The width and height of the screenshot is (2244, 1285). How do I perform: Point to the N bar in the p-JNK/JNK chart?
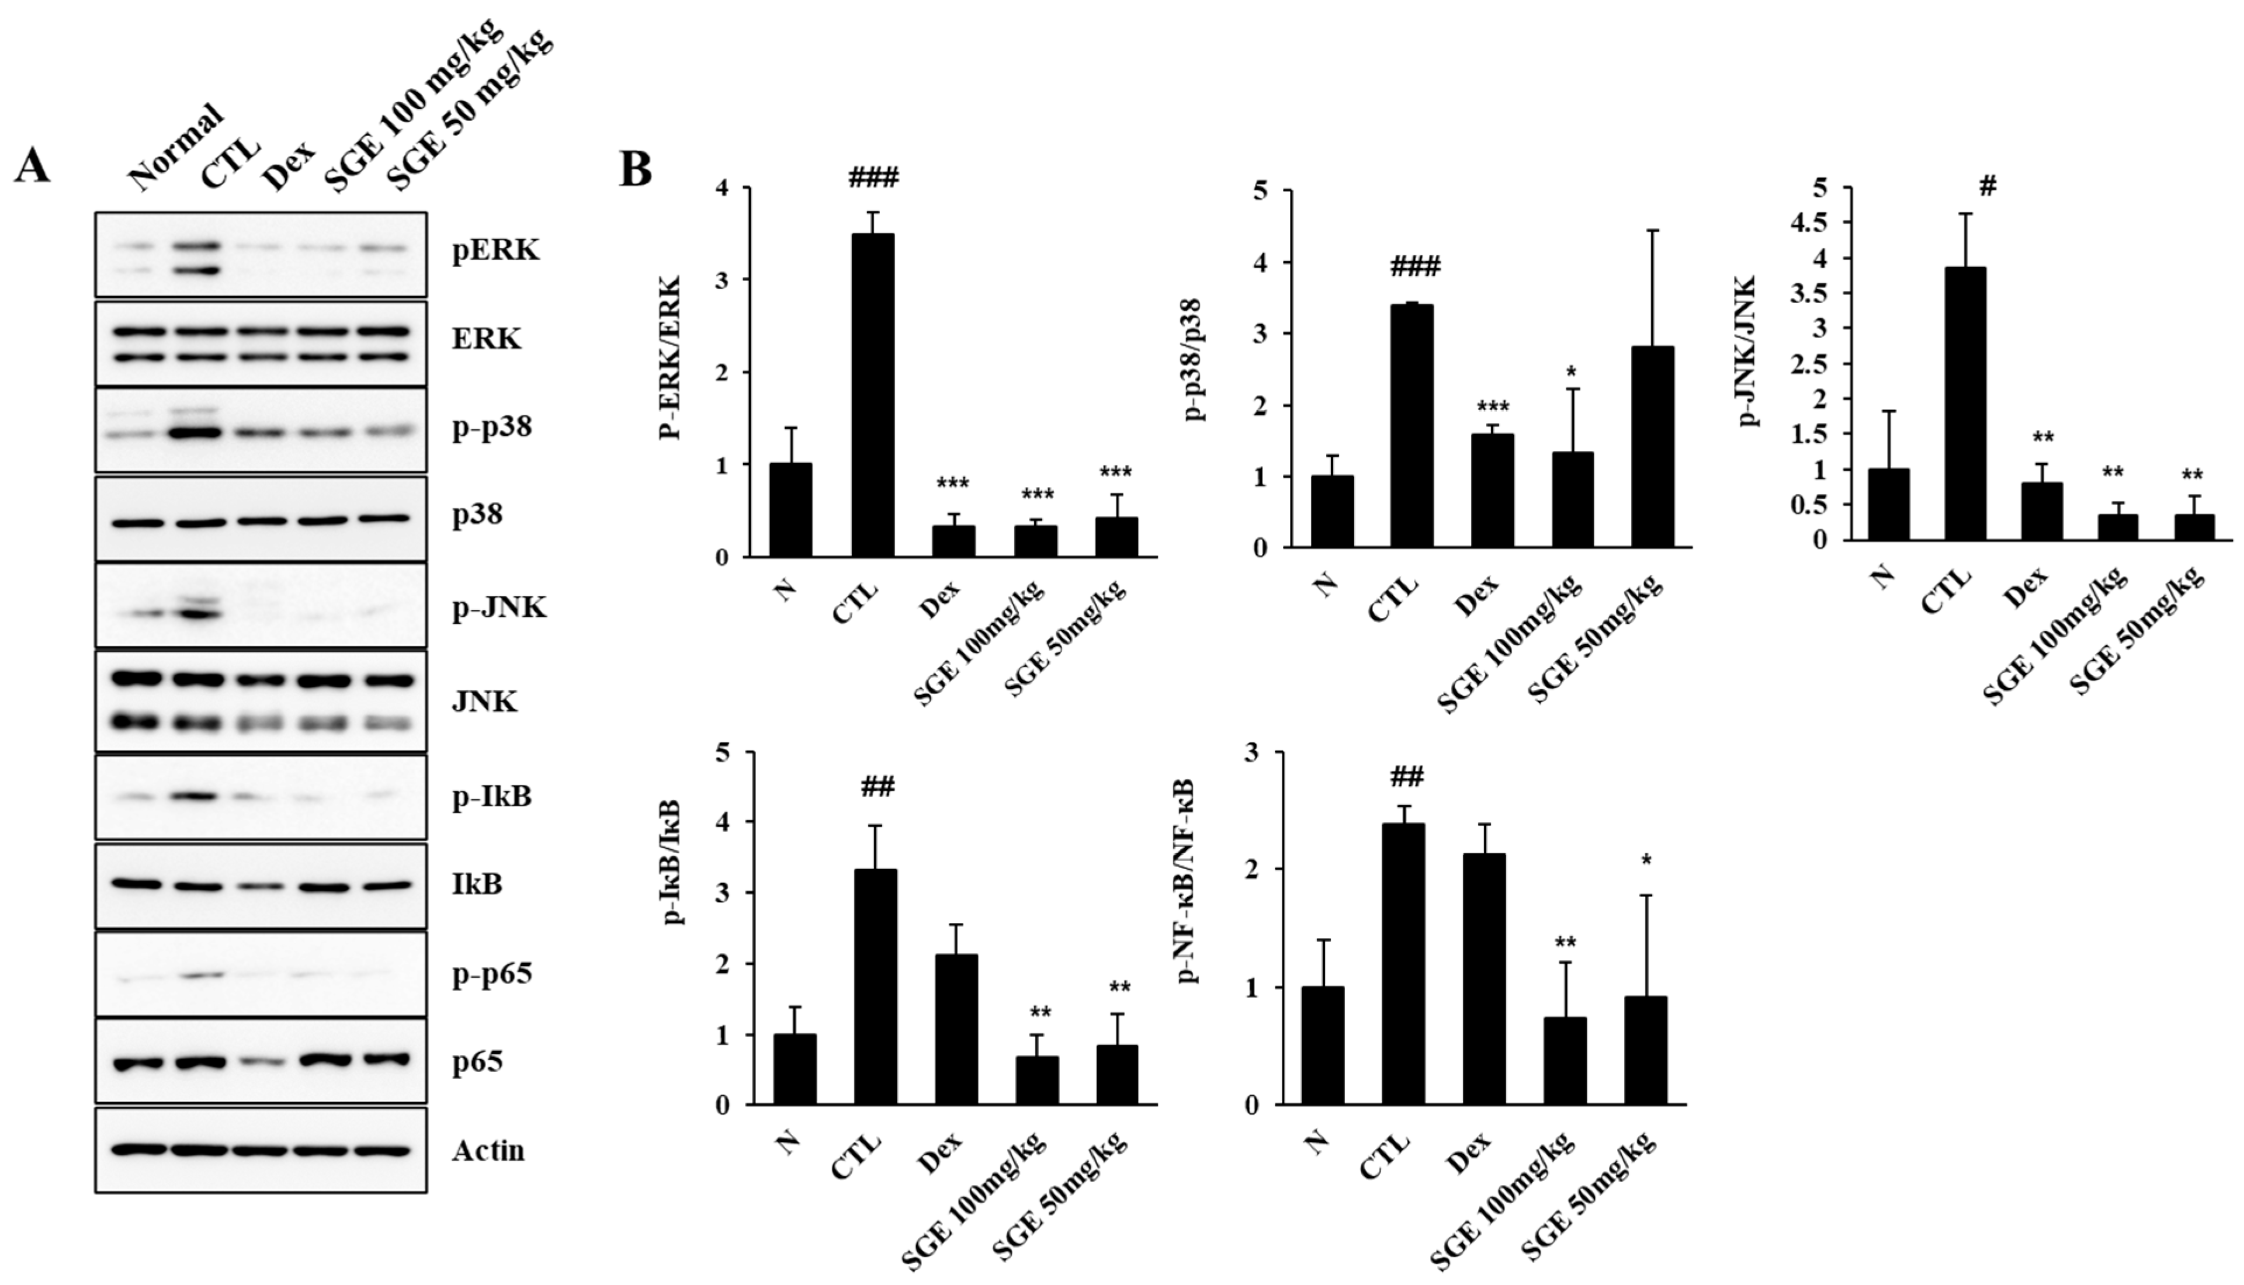[x=1888, y=504]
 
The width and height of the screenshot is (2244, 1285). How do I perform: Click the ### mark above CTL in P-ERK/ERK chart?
[x=873, y=178]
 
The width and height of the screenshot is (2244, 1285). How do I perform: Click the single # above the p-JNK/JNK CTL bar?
[x=1987, y=186]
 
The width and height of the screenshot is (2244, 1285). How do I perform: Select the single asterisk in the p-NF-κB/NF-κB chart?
[x=1646, y=860]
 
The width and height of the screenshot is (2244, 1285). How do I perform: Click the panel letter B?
[x=636, y=169]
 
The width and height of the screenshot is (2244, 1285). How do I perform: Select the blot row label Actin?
[x=488, y=1151]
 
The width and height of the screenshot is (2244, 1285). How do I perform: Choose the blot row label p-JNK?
[x=500, y=607]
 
